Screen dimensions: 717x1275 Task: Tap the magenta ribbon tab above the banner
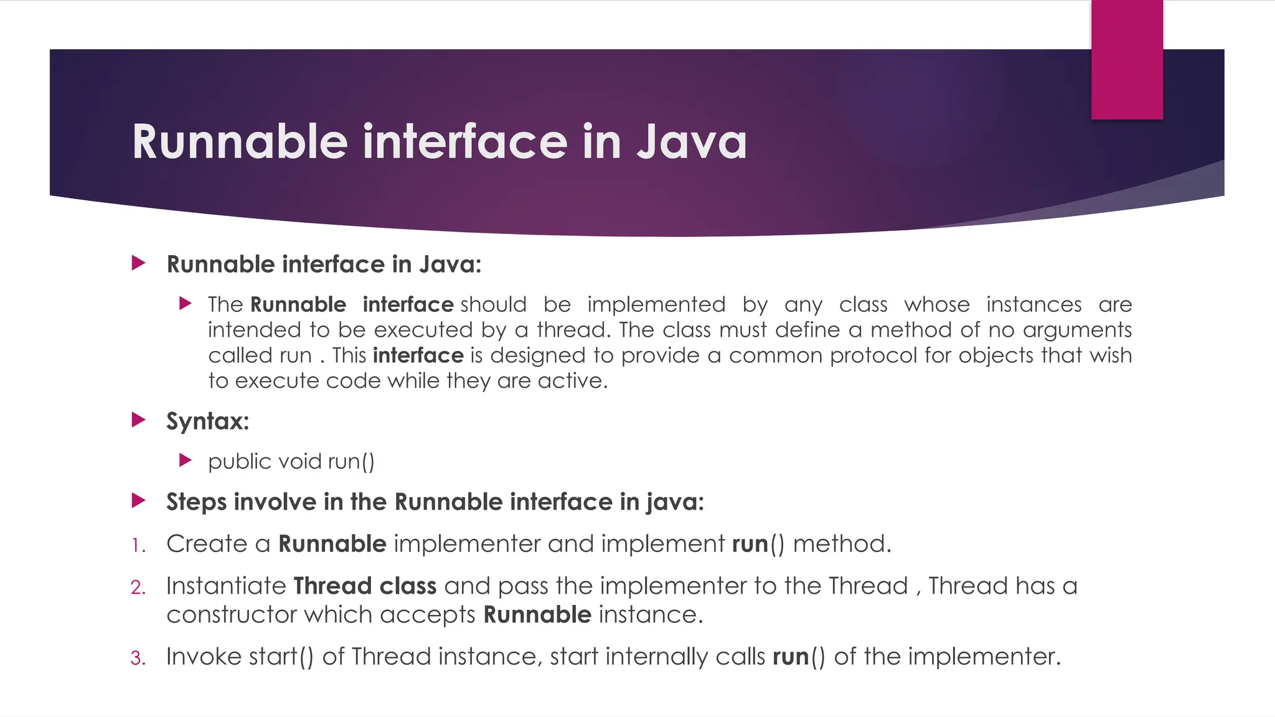click(1127, 60)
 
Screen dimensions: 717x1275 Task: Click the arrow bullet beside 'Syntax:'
click(138, 420)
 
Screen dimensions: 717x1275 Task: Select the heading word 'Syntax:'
click(207, 421)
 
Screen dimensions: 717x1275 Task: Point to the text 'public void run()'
click(291, 462)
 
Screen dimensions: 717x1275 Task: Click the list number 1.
click(138, 546)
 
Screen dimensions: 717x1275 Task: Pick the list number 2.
click(138, 588)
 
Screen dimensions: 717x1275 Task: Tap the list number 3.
click(138, 658)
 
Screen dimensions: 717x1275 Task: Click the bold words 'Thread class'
click(365, 586)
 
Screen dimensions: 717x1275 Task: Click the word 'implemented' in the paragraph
click(656, 304)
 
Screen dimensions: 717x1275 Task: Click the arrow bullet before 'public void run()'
click(185, 461)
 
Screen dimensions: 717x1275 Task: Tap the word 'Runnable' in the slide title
click(240, 142)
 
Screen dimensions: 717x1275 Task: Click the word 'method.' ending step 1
click(842, 544)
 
